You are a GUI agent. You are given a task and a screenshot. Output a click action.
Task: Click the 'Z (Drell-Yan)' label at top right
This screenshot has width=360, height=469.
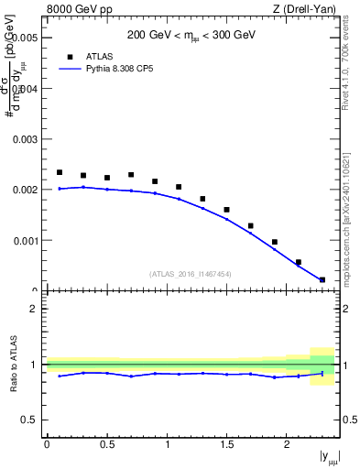click(x=304, y=9)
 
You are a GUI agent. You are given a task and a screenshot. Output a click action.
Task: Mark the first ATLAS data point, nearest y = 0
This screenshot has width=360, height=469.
click(x=60, y=172)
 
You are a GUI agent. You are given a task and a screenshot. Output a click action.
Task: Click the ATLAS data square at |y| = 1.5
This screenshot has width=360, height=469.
click(x=226, y=210)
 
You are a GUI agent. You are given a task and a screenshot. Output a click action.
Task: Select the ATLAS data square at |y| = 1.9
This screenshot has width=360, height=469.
click(x=275, y=242)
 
